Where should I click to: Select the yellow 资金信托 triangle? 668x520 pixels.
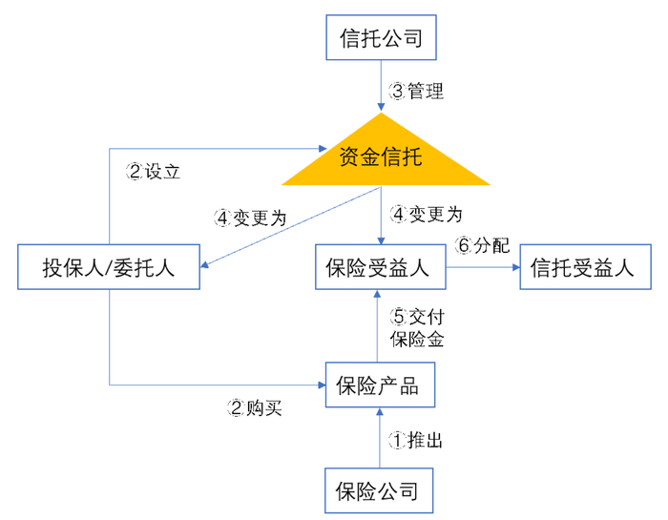tap(381, 158)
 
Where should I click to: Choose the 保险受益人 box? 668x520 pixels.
tap(380, 267)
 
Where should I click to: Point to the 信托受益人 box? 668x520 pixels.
tap(582, 267)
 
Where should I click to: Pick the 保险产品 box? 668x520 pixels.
tap(380, 386)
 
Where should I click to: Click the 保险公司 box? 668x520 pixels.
tap(380, 491)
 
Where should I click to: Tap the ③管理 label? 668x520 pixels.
tap(417, 93)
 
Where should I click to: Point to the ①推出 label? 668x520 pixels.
tap(417, 440)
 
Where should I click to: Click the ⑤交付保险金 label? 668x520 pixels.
tap(417, 326)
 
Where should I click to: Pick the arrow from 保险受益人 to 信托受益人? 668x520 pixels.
tap(482, 268)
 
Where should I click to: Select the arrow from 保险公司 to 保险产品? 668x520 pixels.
tap(381, 439)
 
